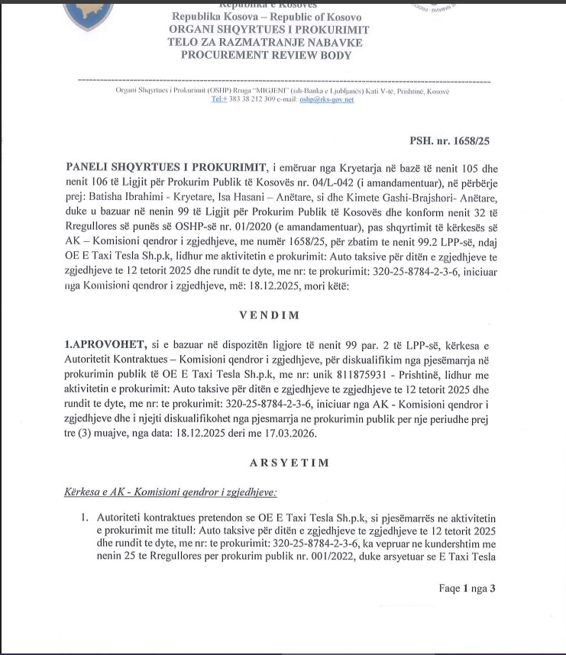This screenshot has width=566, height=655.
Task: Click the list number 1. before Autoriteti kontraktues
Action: (x=86, y=518)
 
